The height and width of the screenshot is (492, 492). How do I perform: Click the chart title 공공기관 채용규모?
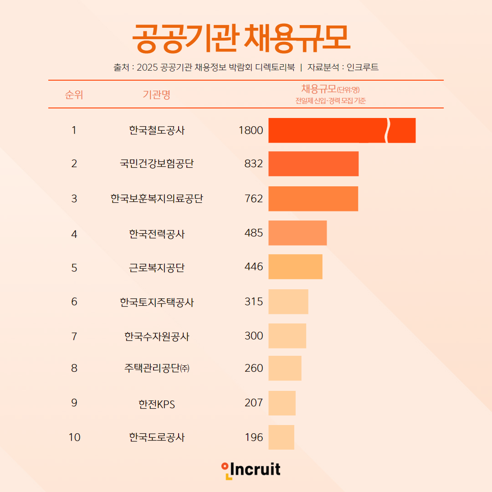[241, 38]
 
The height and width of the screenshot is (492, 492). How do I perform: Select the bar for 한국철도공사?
[342, 130]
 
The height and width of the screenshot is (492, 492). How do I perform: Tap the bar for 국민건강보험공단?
[313, 164]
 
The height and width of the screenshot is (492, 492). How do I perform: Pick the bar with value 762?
[313, 199]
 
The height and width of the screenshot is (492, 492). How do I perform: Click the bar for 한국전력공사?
[297, 233]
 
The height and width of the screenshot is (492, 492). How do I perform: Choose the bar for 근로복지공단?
[295, 266]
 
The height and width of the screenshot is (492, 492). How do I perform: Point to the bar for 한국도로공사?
[281, 437]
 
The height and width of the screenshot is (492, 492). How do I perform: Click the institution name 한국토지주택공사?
[157, 302]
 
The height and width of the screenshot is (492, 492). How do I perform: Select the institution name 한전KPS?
[157, 404]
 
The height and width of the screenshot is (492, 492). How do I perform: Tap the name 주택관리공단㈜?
[157, 368]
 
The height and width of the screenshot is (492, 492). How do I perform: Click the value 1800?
[251, 131]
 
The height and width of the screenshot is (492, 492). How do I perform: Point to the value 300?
[254, 336]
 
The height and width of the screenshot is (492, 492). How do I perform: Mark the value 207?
[254, 403]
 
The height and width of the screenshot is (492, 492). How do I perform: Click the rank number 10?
[74, 437]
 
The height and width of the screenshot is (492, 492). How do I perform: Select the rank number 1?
[74, 131]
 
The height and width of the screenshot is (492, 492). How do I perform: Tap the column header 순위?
[74, 95]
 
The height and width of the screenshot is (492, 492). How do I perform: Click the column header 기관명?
[156, 95]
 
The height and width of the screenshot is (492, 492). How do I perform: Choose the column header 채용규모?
[319, 89]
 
